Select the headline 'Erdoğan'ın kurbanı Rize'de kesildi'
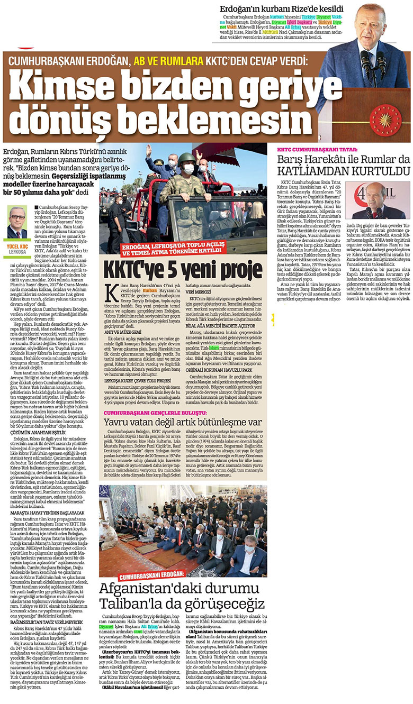tap(282, 9)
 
